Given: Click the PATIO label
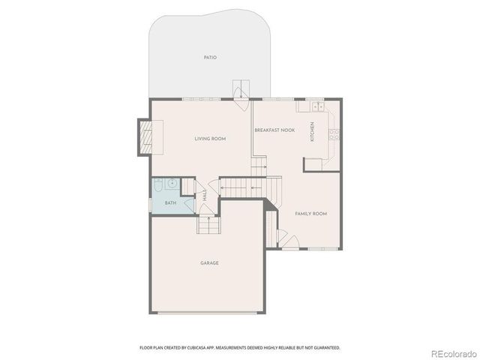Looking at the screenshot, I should tap(210, 57).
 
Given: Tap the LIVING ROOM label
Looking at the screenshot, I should tap(211, 139).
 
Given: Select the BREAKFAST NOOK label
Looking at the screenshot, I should tap(274, 130).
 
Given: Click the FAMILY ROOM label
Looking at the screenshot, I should tap(310, 214).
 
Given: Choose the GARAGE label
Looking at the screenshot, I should tap(209, 262).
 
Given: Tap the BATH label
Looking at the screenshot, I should tap(170, 202).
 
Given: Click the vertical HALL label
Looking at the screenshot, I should tap(205, 194).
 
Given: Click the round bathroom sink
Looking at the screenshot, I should tap(172, 182).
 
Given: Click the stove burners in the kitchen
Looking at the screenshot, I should tap(334, 135).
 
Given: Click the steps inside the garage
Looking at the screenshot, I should tap(208, 224).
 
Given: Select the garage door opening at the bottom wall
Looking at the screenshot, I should tap(209, 313).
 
